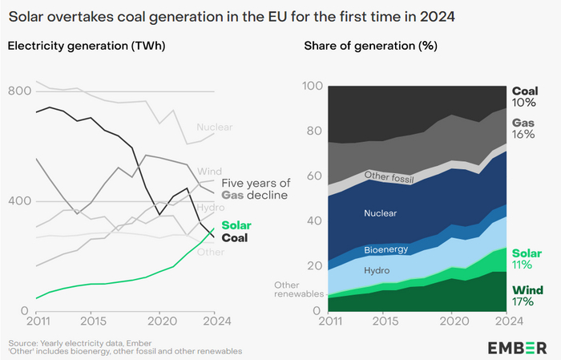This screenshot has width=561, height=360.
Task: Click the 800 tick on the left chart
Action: coord(20,91)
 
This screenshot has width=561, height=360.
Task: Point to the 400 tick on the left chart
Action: coord(20,200)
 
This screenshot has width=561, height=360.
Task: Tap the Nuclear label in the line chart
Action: coord(214,127)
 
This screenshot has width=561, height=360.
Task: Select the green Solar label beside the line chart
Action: coord(236,225)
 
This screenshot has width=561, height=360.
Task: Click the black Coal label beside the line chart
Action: coord(235,237)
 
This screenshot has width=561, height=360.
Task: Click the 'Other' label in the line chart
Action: coord(211,252)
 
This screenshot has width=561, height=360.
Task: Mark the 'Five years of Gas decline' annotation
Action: coord(255,188)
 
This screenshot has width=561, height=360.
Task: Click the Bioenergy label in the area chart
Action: coord(385,249)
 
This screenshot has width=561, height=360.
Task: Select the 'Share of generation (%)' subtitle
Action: coord(370,46)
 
